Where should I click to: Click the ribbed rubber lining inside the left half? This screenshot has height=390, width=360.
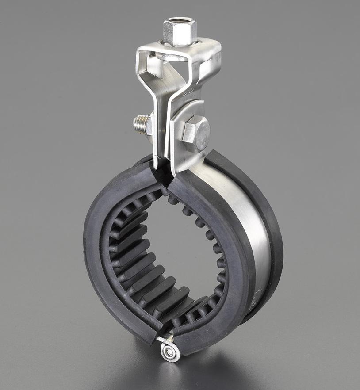(133, 256)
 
